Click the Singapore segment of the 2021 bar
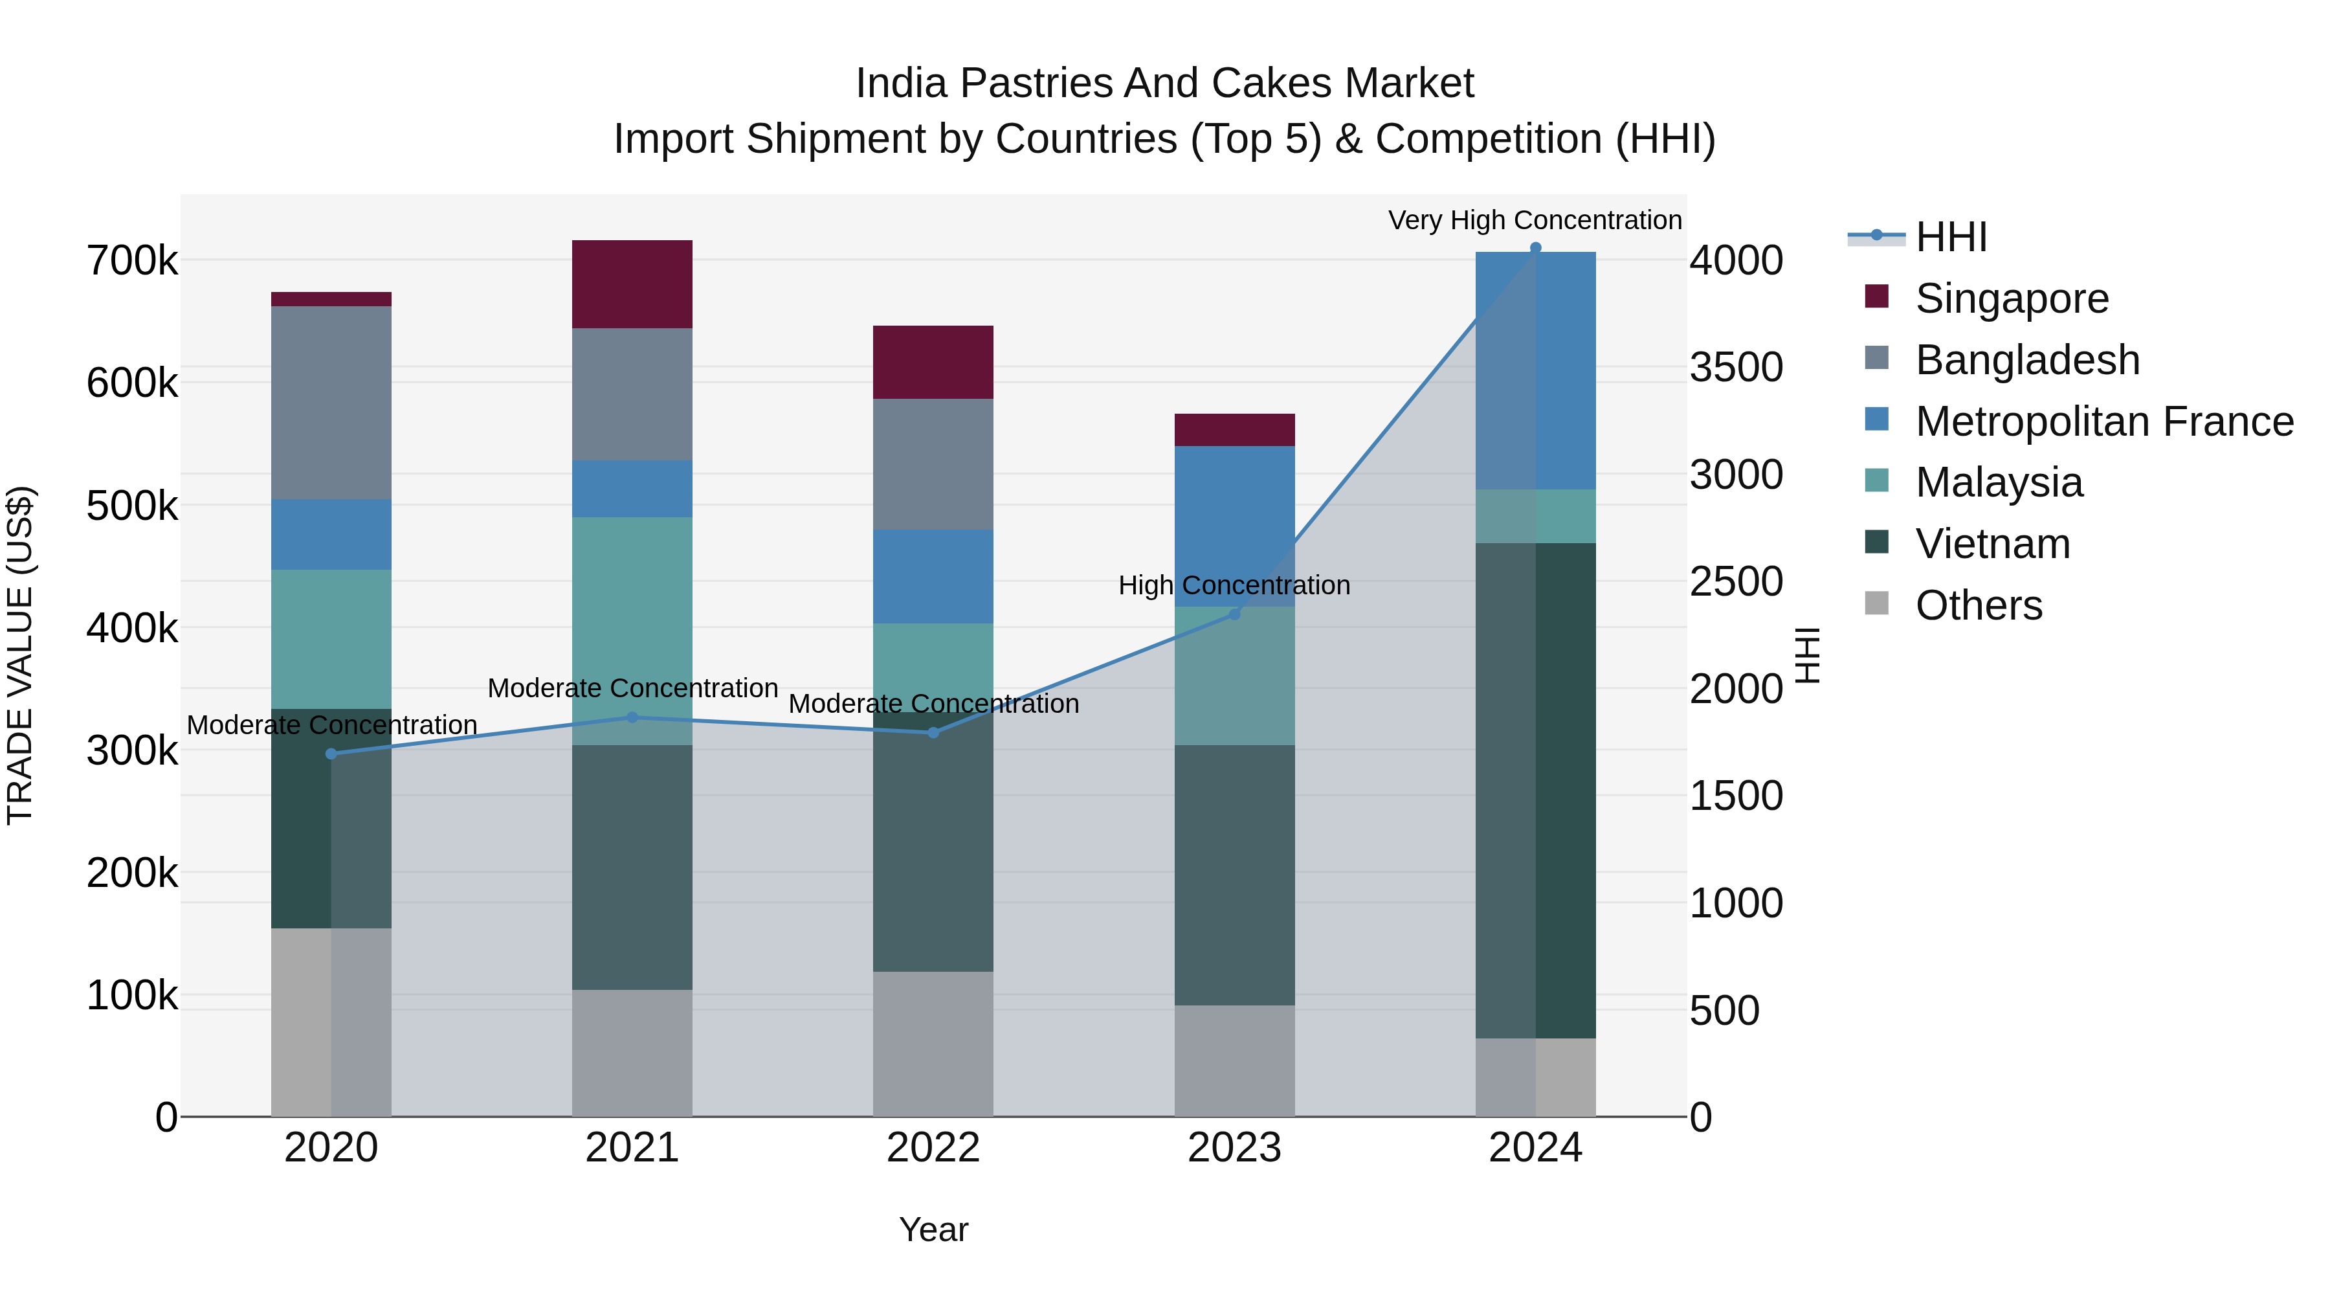632,284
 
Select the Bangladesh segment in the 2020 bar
331,403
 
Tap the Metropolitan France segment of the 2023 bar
1235,526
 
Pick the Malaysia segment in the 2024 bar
1536,516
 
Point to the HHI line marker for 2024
1536,248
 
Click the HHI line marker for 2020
331,754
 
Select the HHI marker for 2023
1235,614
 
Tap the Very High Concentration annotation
1535,220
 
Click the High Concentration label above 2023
1235,585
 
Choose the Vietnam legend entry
1993,544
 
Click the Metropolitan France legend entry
2105,421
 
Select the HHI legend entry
1951,237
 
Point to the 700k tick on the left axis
132,262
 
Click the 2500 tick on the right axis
1736,582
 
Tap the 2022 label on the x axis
933,1148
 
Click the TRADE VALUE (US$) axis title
20,655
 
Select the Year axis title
933,1229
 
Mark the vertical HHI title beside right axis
1806,655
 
